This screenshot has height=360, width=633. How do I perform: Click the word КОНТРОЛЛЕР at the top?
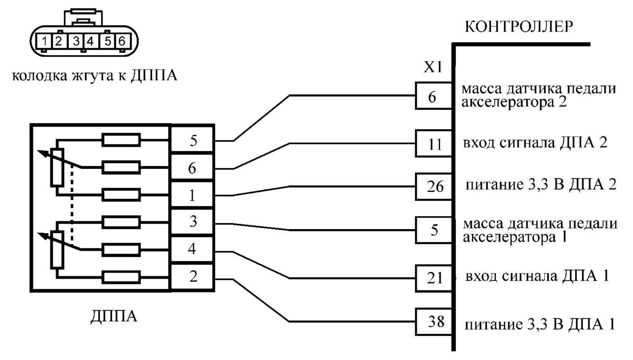[x=519, y=27]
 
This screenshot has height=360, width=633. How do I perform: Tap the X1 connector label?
[x=433, y=67]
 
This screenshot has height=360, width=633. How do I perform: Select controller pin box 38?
[x=433, y=322]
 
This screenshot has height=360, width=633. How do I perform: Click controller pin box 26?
[x=433, y=187]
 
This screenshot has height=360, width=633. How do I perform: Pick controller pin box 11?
[x=433, y=143]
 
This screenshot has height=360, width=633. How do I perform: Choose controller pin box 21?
[x=433, y=279]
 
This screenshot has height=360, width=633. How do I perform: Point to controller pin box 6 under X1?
[x=433, y=96]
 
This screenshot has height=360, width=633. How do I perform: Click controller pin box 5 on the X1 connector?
[x=433, y=230]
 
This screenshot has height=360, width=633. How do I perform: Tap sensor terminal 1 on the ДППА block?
[x=192, y=195]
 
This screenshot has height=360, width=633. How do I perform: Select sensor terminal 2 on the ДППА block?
[x=192, y=277]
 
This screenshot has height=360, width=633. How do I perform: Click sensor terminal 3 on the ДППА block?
[x=192, y=222]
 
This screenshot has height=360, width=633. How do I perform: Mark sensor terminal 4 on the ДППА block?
[x=192, y=249]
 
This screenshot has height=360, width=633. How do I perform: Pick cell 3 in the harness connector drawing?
[x=75, y=41]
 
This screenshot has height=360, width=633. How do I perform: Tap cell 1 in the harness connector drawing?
[x=44, y=41]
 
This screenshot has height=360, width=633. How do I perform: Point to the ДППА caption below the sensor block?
[x=114, y=317]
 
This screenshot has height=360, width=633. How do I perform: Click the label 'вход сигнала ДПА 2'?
[x=535, y=143]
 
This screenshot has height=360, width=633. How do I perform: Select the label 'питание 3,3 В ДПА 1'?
[x=540, y=325]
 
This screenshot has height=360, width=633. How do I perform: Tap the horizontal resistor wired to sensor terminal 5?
[x=121, y=140]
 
